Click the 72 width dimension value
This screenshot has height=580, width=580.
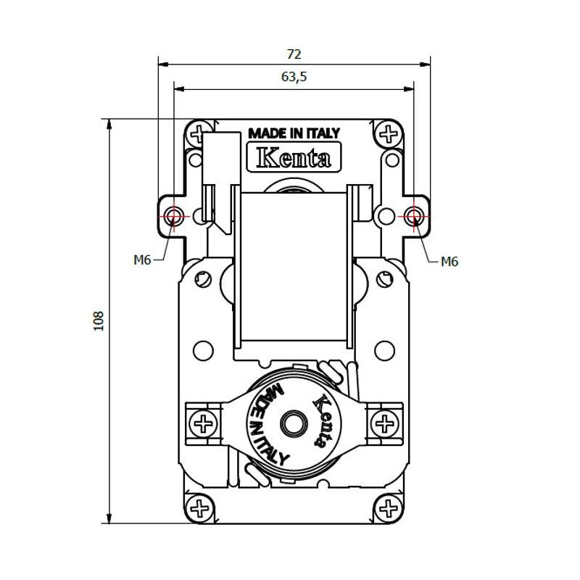pos(294,54)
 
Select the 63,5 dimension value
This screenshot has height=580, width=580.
pos(294,77)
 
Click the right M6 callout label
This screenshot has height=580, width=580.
pos(449,261)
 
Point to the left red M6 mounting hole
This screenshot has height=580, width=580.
pos(173,216)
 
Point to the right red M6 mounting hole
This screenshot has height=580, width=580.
pos(414,216)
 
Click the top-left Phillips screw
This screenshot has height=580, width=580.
pos(197,133)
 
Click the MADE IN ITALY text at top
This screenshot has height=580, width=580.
pos(294,133)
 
